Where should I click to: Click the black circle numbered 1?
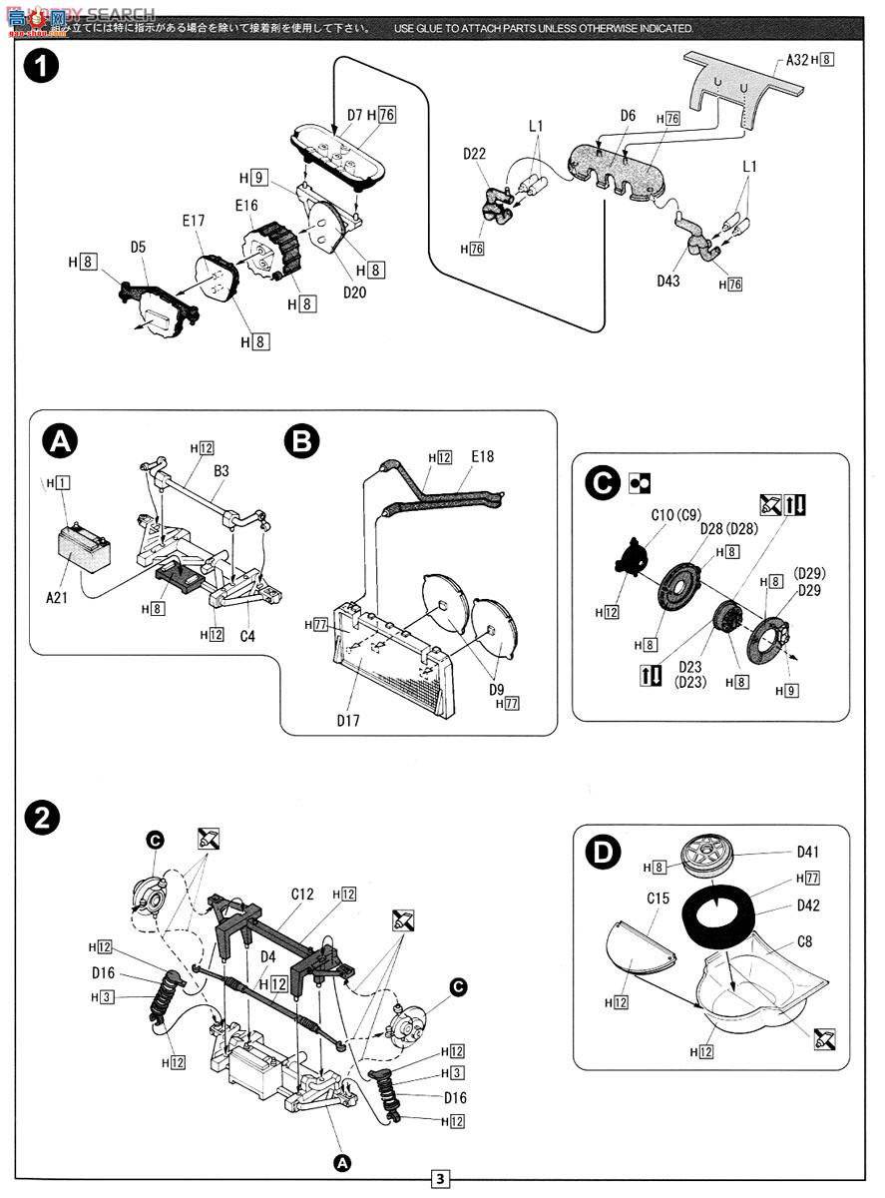tap(41, 67)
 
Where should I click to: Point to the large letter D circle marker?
tap(602, 853)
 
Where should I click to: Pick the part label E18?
tap(482, 457)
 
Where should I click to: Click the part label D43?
tap(669, 282)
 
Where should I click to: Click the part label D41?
tap(808, 852)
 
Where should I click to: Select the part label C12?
tap(304, 895)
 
